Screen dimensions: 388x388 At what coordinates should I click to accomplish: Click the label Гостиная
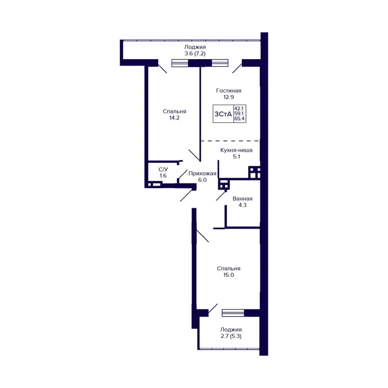228,91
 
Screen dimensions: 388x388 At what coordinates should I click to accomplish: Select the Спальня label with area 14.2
174,111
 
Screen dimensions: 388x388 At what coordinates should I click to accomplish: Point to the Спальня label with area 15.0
228,268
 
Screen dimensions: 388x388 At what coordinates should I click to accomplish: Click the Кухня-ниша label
236,150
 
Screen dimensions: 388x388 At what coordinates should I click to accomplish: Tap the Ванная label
242,199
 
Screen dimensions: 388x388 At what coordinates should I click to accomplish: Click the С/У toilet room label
163,169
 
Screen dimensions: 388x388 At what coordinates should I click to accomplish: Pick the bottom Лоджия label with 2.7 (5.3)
230,329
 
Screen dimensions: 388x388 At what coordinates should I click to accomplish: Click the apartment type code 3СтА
223,114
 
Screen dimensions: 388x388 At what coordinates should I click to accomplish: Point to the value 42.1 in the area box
239,109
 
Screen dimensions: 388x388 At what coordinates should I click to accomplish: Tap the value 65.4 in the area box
239,119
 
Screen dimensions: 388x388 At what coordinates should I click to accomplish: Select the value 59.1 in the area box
239,114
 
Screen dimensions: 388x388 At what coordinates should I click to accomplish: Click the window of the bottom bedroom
233,313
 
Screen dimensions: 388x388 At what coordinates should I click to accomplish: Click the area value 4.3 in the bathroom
242,205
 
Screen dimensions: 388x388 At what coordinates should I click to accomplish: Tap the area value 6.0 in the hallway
202,179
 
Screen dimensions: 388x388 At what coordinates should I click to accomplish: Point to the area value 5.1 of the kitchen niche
236,157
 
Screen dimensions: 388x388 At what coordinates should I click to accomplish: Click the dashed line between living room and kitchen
230,141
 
